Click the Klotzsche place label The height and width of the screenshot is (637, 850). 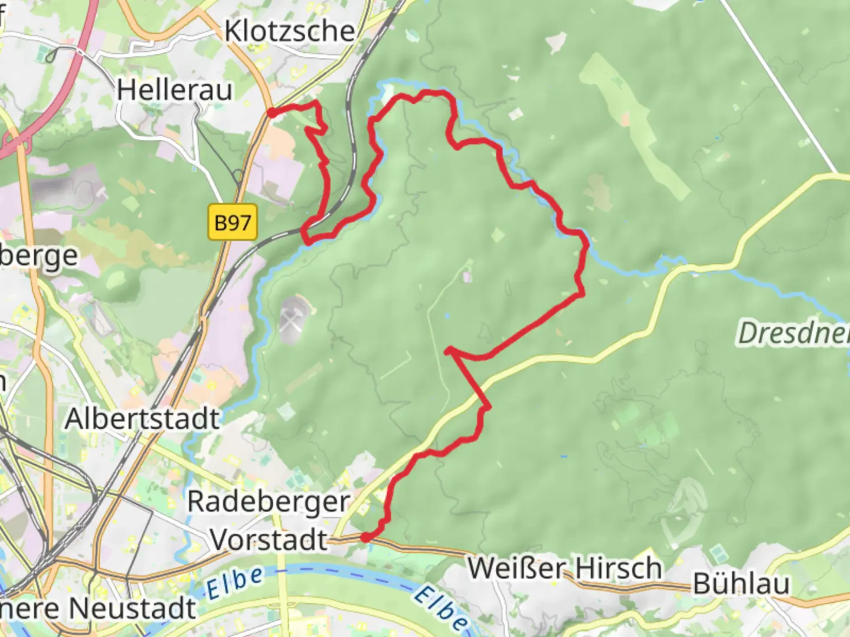click(289, 31)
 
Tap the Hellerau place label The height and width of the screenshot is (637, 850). click(174, 90)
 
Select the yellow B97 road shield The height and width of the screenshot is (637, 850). click(233, 223)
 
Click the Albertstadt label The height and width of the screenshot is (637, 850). click(142, 419)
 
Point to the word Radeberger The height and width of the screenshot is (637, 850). click(269, 502)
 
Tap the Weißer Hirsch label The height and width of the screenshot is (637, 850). click(564, 569)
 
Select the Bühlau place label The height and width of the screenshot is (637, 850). click(741, 584)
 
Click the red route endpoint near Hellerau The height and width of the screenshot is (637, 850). click(271, 113)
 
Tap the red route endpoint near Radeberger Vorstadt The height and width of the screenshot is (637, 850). click(365, 537)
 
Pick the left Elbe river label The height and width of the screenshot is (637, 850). click(234, 582)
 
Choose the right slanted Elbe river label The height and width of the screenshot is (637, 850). click(440, 608)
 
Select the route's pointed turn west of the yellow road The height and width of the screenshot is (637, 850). click(449, 351)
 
